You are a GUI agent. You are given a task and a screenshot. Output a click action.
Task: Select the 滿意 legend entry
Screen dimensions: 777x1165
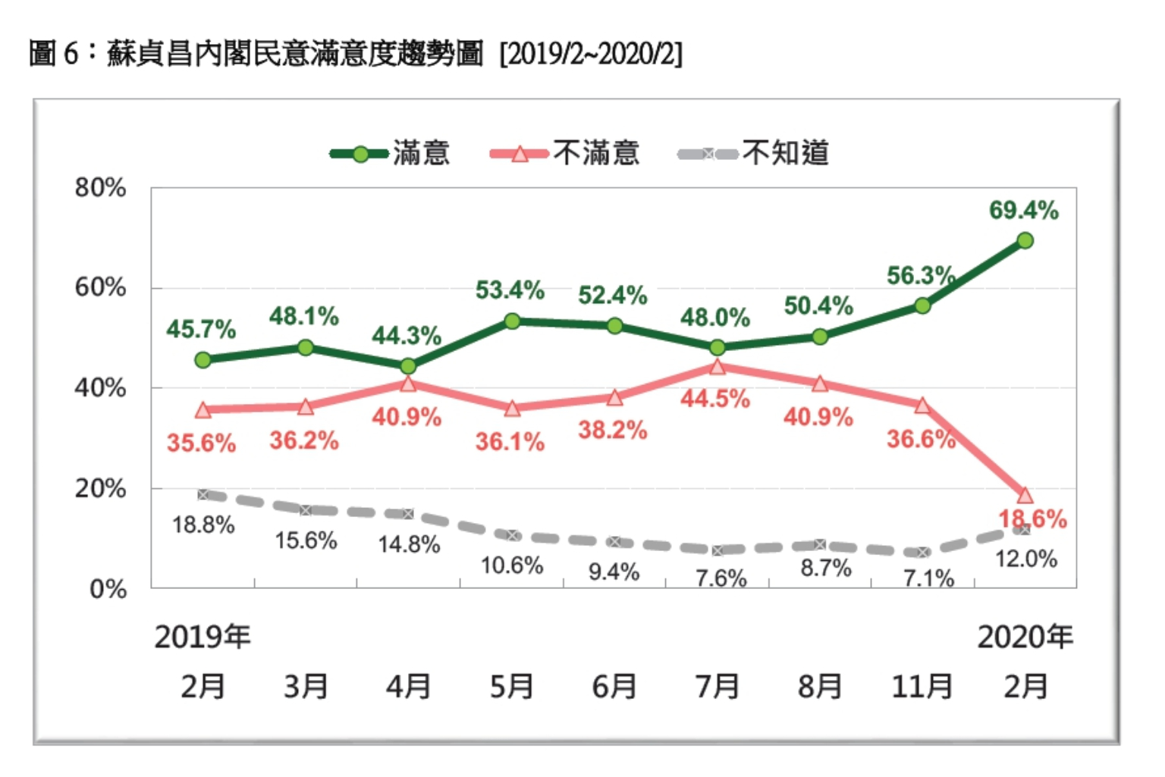click(x=391, y=154)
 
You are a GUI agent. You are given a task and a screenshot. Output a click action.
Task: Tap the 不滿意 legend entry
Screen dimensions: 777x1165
click(x=565, y=154)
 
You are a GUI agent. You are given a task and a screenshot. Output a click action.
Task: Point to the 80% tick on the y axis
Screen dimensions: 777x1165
click(x=100, y=188)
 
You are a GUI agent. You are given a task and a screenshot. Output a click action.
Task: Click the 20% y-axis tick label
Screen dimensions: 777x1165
click(x=100, y=489)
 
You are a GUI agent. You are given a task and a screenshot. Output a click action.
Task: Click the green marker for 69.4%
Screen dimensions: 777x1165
click(x=1025, y=241)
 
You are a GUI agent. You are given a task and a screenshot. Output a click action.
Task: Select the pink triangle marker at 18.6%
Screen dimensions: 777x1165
click(x=1025, y=496)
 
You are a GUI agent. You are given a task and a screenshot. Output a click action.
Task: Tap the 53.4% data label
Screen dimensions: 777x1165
click(x=510, y=290)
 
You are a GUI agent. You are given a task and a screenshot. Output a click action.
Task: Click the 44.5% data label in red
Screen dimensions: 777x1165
click(x=714, y=399)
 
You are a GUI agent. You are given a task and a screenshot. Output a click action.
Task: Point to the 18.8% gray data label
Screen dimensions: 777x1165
click(x=203, y=525)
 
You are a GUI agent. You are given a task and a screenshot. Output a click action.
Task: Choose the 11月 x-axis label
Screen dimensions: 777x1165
click(x=922, y=687)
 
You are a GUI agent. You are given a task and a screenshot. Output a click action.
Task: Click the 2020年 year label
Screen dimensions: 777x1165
click(x=1025, y=637)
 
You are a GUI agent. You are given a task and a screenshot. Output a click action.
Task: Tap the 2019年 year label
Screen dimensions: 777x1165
click(x=203, y=637)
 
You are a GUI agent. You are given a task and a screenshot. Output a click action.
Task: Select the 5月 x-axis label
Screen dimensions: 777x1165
click(x=511, y=687)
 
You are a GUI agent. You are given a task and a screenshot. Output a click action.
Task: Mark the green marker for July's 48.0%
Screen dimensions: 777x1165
click(x=718, y=348)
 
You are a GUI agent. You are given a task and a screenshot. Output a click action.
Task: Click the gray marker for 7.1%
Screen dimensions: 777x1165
click(x=922, y=553)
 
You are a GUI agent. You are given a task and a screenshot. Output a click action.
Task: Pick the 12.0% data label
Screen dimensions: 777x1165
click(x=1025, y=559)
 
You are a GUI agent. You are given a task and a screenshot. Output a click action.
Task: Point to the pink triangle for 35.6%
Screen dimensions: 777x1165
click(x=203, y=410)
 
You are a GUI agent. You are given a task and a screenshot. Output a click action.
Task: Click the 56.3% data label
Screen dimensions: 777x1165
click(x=921, y=276)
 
